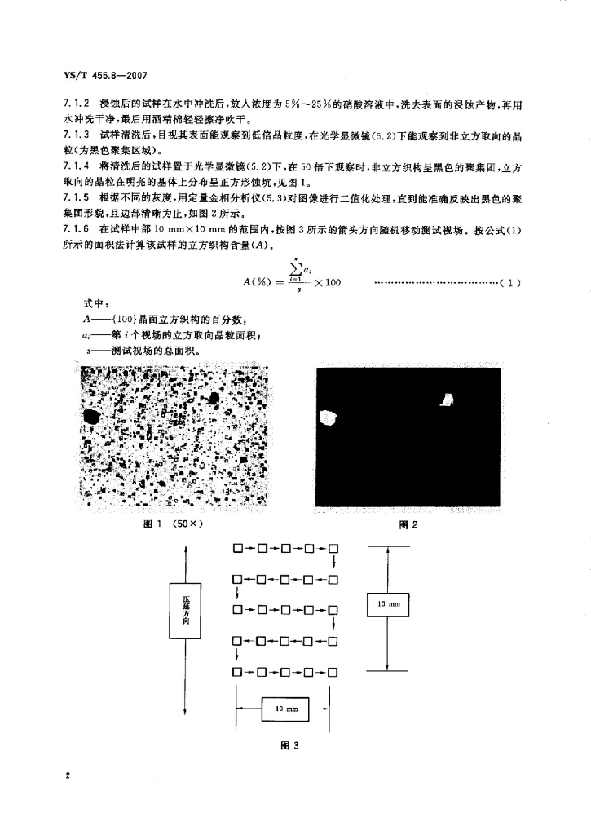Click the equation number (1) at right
point(510,284)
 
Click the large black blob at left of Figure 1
point(92,417)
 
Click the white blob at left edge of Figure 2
point(329,417)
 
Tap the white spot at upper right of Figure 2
point(446,399)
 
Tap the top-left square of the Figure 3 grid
point(237,548)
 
